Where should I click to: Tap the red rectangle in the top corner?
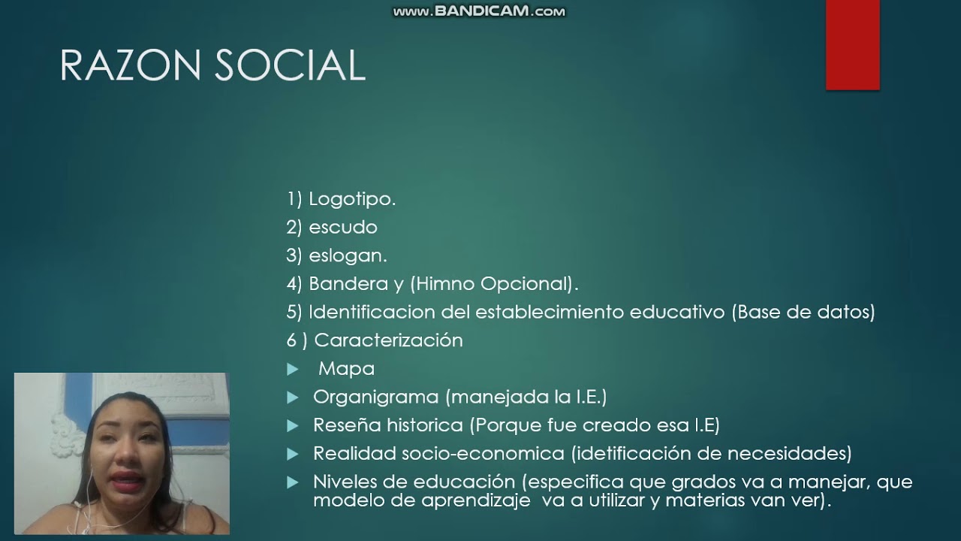coord(852,45)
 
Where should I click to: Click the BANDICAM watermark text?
coord(480,11)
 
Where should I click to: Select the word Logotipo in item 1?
coord(351,199)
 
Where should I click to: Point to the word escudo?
coord(343,227)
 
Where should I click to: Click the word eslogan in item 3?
coord(347,255)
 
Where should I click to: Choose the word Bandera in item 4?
coord(344,284)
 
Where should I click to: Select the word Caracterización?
coord(388,340)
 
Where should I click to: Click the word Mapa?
coord(346,369)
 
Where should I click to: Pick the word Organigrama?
coord(375,397)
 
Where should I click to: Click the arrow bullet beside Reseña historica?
coord(293,426)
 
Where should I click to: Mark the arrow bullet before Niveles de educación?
coord(293,483)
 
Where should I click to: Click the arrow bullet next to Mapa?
coord(293,370)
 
